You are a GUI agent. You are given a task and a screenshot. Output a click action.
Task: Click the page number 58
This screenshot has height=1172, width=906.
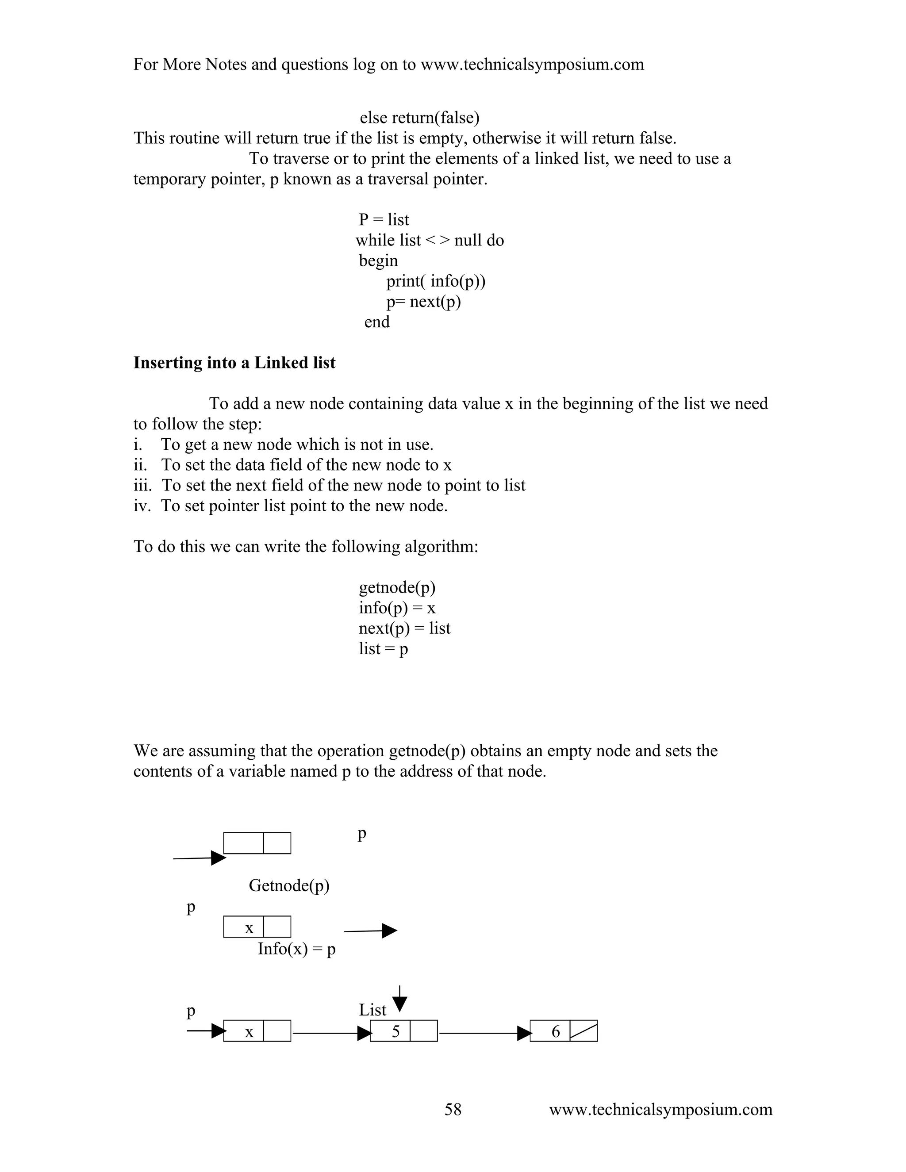click(453, 1109)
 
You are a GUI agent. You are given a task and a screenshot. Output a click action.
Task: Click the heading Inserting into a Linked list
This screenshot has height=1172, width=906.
click(234, 363)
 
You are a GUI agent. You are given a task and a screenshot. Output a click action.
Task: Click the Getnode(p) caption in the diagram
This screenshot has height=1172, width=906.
click(289, 885)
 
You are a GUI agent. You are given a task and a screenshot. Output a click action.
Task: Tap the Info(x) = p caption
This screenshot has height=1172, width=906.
click(296, 949)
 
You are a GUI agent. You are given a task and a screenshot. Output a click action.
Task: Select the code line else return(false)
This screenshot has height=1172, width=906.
click(419, 118)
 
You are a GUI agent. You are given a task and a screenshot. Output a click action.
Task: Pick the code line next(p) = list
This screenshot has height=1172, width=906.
click(404, 628)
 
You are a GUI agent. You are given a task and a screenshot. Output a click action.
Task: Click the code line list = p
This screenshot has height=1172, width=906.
click(383, 649)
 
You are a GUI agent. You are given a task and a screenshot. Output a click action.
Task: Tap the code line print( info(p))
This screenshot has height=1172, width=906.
click(435, 281)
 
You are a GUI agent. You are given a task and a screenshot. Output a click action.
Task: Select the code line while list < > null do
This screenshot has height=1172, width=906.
click(430, 241)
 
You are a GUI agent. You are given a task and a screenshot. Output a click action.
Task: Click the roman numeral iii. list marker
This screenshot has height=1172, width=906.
click(142, 485)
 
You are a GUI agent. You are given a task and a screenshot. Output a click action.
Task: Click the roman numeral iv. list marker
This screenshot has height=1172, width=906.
click(142, 506)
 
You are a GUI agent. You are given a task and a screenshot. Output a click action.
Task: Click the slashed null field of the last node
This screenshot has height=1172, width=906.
click(584, 1031)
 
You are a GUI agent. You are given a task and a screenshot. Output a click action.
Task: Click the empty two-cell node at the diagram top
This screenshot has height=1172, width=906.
click(257, 843)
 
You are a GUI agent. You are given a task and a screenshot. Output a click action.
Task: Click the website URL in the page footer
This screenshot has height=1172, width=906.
click(660, 1109)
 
